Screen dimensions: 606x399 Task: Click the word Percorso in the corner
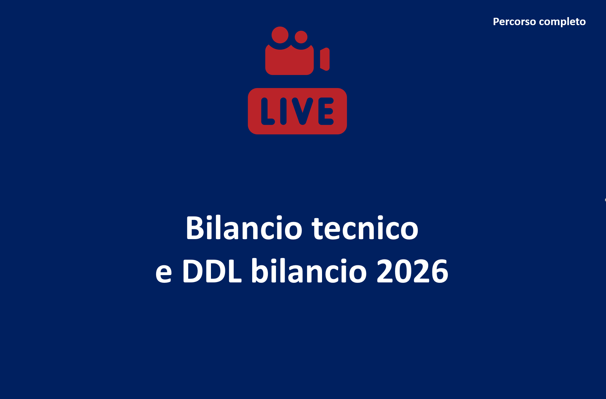pos(514,22)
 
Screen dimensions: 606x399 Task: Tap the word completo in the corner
pos(562,22)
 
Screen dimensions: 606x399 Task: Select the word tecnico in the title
pos(365,228)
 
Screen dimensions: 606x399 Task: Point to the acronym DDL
pos(212,271)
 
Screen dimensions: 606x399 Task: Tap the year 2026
pos(412,271)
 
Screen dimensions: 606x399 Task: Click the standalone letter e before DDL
pos(164,273)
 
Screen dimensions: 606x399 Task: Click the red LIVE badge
pos(297,111)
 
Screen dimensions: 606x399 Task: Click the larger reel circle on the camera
pos(280,35)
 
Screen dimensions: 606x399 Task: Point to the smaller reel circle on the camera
pos(301,37)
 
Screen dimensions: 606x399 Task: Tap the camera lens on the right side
pos(325,59)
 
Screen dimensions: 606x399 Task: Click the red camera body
pos(289,60)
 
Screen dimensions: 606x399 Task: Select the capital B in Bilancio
pos(194,228)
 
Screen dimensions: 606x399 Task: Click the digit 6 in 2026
pos(440,271)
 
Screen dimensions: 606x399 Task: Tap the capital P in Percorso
pos(496,22)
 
